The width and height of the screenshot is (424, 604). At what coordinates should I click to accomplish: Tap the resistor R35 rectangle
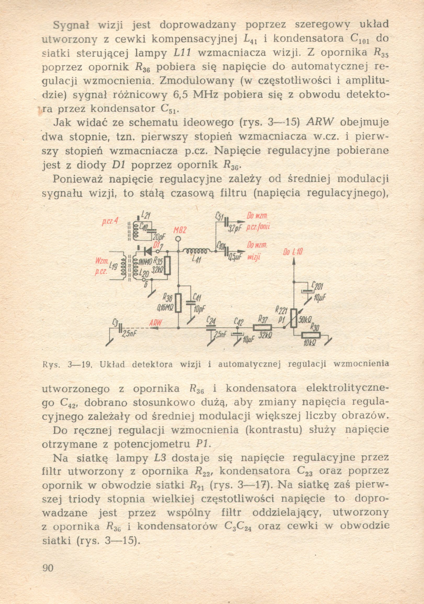[167, 266]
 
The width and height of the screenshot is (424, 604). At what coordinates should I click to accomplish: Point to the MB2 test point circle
[178, 239]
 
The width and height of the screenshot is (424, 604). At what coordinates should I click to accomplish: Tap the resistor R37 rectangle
[262, 328]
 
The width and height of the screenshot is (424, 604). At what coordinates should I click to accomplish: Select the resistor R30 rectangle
[311, 335]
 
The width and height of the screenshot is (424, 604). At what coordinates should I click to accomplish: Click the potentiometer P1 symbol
[294, 318]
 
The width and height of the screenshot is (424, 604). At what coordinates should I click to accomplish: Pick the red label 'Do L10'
[293, 252]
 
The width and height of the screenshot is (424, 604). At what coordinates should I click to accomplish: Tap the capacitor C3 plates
[120, 328]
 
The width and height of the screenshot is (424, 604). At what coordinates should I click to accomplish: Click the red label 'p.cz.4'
[110, 222]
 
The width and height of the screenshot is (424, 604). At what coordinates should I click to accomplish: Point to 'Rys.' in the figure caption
[49, 364]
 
